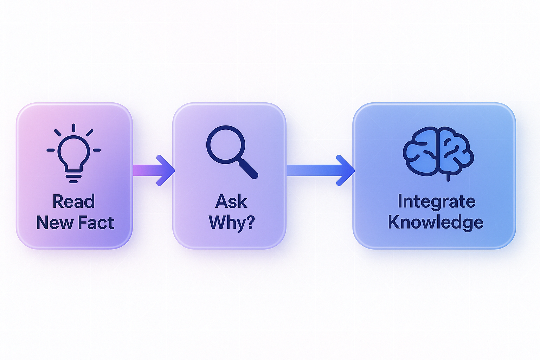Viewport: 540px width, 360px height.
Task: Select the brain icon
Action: pos(438,152)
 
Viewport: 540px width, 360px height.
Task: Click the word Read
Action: pos(74,201)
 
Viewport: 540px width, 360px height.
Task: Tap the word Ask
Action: pos(231,201)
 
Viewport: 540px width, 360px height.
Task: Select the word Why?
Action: pos(231,223)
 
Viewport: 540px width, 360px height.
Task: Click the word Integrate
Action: pos(436,201)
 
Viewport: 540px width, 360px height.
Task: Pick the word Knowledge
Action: pos(436,223)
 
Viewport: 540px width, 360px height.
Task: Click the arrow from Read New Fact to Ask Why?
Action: pos(154,171)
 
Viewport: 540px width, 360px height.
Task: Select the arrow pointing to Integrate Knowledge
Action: pos(320,171)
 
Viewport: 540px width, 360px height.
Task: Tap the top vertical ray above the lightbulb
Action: pos(73,128)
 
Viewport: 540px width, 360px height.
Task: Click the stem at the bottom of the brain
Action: pos(448,178)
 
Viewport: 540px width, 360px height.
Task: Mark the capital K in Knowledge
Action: pos(394,222)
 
